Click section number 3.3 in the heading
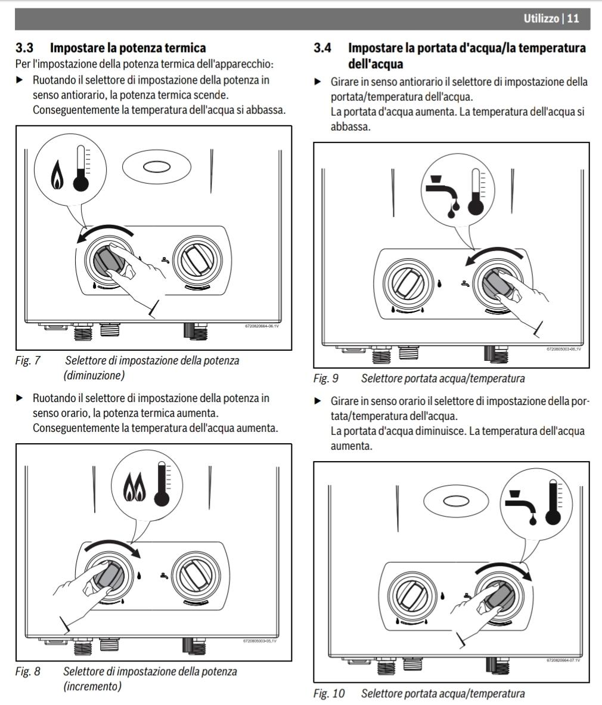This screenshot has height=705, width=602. click(x=24, y=47)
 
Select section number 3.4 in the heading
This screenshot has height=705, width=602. click(x=322, y=47)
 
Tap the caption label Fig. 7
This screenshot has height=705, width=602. click(x=28, y=361)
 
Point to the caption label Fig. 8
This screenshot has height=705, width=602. click(x=28, y=671)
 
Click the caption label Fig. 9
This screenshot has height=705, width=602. click(x=325, y=379)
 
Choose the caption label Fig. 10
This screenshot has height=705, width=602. click(x=328, y=694)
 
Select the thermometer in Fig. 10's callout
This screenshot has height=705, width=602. click(x=554, y=503)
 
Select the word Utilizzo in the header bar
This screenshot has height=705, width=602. click(x=541, y=19)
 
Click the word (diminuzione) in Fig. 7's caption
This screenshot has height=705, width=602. click(x=95, y=375)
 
